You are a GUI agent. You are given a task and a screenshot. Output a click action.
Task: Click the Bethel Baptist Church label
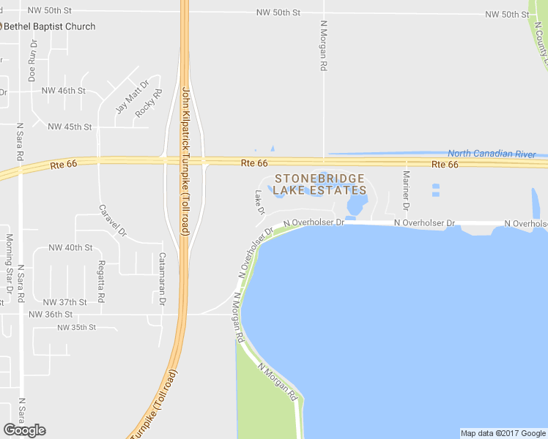click(50, 26)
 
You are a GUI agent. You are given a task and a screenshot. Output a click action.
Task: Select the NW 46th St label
click(64, 91)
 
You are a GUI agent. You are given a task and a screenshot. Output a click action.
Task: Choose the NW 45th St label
click(70, 127)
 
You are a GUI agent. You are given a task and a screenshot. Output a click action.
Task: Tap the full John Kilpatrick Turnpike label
click(185, 160)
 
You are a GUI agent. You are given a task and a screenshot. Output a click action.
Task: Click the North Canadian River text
click(492, 154)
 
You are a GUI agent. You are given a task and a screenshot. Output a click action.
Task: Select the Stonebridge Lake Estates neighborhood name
click(319, 184)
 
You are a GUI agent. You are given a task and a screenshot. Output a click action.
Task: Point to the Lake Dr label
click(259, 203)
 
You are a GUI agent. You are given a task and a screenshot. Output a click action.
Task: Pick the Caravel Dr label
click(113, 220)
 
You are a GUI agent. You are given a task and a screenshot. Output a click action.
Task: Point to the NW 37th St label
click(64, 302)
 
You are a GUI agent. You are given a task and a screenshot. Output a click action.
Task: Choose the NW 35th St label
click(76, 327)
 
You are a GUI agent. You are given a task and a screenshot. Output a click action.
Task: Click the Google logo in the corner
click(24, 430)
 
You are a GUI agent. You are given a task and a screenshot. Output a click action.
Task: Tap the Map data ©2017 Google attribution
click(503, 433)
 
